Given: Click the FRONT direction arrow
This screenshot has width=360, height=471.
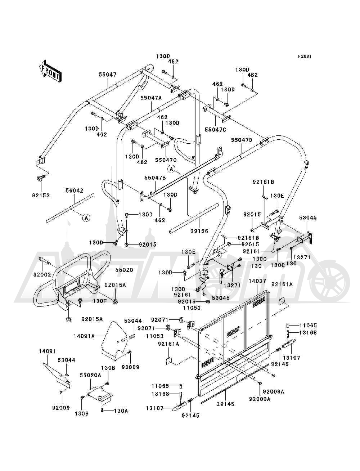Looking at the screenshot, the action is click(x=50, y=71).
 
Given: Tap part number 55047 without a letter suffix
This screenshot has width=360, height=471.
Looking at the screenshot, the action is click(x=108, y=75).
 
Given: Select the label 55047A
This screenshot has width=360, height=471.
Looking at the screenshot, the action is click(x=151, y=98).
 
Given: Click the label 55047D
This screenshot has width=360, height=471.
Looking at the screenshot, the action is click(x=242, y=140).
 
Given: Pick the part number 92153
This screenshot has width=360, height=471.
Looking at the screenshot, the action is click(x=41, y=196).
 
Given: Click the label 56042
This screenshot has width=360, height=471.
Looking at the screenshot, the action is click(x=75, y=190).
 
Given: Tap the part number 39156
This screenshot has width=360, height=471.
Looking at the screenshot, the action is click(x=199, y=231).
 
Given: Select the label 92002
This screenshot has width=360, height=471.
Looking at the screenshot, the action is click(x=42, y=274).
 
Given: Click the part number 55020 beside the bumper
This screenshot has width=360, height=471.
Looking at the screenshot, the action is click(x=124, y=270).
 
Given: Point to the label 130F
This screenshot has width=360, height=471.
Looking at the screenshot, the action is click(x=100, y=301).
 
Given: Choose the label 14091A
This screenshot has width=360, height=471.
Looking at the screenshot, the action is click(x=84, y=336).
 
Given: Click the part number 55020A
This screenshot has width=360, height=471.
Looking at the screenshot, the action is click(x=90, y=375).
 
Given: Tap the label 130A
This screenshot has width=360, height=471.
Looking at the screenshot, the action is click(x=121, y=411).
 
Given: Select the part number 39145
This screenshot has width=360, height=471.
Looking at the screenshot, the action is click(x=225, y=404).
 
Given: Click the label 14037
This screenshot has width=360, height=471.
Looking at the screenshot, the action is click(x=257, y=281).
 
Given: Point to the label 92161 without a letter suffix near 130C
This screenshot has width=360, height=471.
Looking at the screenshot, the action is click(x=251, y=251).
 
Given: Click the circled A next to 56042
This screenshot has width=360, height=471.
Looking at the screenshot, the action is click(x=86, y=218).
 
